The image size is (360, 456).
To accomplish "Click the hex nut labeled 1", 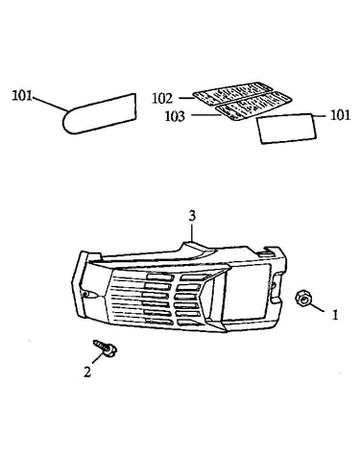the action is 302,299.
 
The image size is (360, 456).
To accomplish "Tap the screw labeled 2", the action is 106,348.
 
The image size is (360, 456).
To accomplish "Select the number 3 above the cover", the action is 192,216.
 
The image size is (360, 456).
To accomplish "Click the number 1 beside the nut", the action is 335,316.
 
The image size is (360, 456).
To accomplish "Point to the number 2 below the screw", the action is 87,372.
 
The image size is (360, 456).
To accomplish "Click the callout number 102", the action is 162,99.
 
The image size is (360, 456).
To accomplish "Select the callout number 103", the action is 175,116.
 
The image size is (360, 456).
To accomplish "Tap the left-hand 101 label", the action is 22,96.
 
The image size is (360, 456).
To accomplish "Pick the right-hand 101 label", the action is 340,115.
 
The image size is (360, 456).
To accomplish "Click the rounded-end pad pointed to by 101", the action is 99,113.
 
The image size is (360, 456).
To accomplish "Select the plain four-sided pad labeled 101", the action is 287,129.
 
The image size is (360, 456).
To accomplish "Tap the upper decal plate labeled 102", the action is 228,93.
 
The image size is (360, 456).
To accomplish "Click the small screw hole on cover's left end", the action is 84,295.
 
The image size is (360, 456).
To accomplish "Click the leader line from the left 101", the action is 50,103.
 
